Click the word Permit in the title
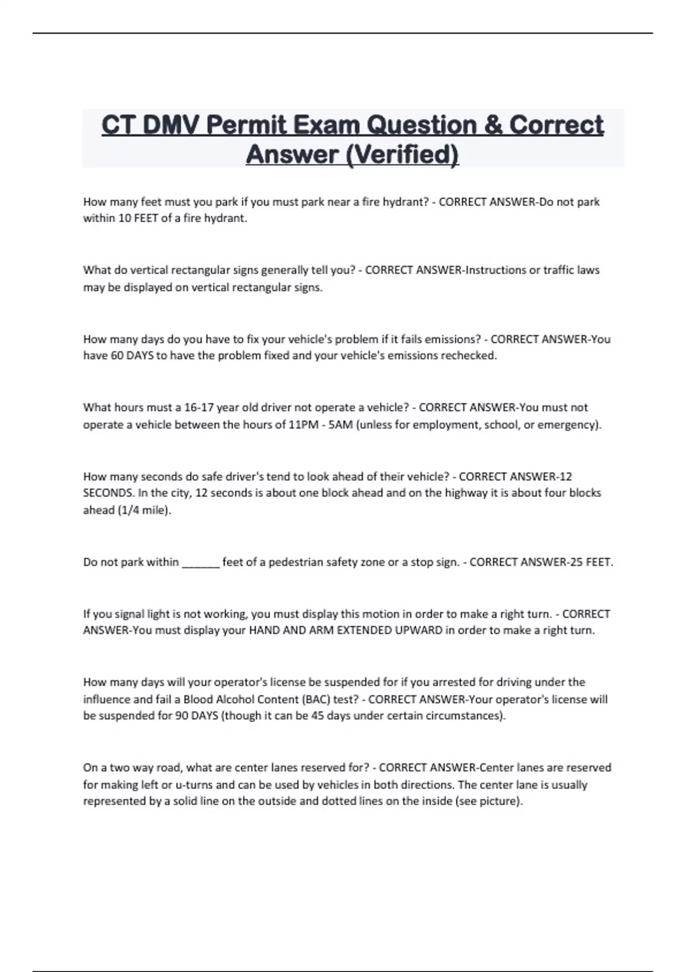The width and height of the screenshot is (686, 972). coord(238,125)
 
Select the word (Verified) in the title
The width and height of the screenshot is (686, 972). coord(402,154)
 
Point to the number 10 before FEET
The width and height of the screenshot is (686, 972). coord(124,218)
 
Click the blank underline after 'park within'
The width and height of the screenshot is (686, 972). coord(201,563)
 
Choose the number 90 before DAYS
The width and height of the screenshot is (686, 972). coord(181,716)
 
